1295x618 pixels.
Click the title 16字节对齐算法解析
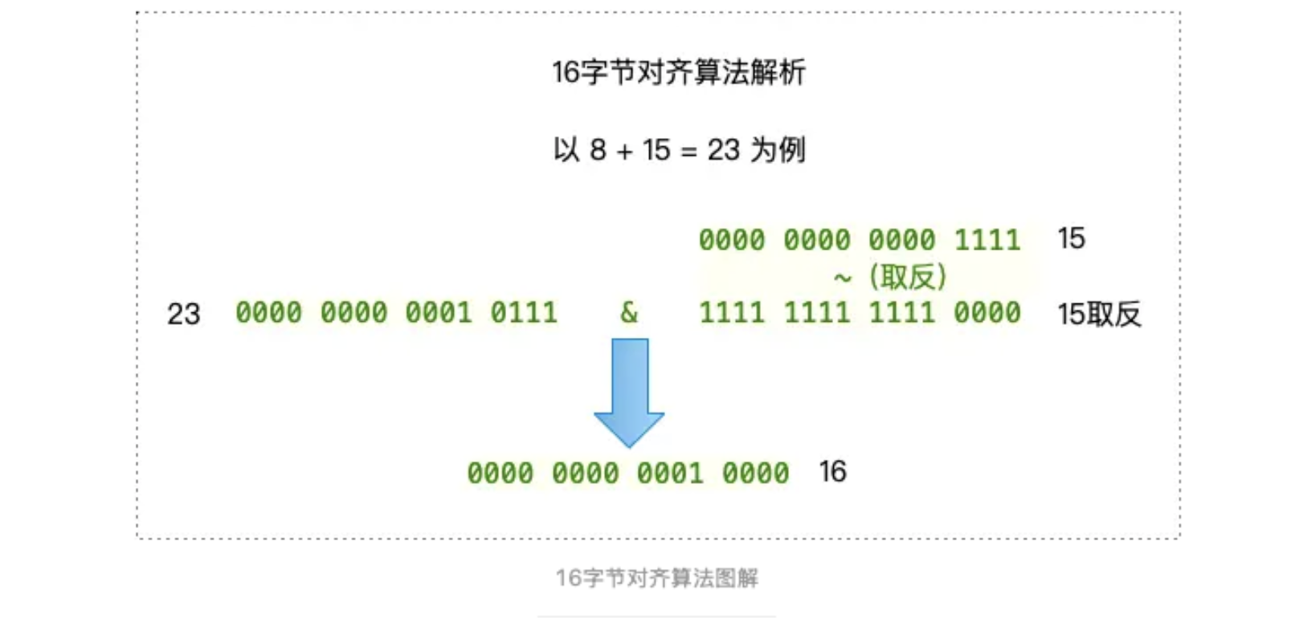pyautogui.click(x=678, y=72)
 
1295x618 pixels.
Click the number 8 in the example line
pyautogui.click(x=598, y=150)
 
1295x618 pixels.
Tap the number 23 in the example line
pyautogui.click(x=723, y=150)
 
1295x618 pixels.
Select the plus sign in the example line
pyautogui.click(x=625, y=151)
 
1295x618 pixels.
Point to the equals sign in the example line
pyautogui.click(x=688, y=151)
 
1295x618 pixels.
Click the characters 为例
pyautogui.click(x=778, y=150)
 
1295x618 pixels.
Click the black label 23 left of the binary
pyautogui.click(x=183, y=314)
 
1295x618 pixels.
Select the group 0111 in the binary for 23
pyautogui.click(x=524, y=312)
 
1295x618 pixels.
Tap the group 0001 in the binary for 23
pyautogui.click(x=439, y=312)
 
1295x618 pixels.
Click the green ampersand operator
pyautogui.click(x=629, y=312)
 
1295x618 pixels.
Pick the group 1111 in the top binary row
pyautogui.click(x=987, y=240)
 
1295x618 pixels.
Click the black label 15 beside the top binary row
pyautogui.click(x=1071, y=238)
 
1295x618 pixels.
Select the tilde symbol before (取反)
pyautogui.click(x=842, y=278)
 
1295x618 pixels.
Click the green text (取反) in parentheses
pyautogui.click(x=908, y=277)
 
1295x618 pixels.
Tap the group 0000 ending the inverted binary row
pyautogui.click(x=987, y=312)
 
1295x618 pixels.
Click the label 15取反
pyautogui.click(x=1099, y=314)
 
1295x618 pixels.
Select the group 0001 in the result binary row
pyautogui.click(x=671, y=473)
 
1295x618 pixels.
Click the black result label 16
pyautogui.click(x=832, y=472)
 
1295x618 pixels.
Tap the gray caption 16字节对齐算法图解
pyautogui.click(x=656, y=578)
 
